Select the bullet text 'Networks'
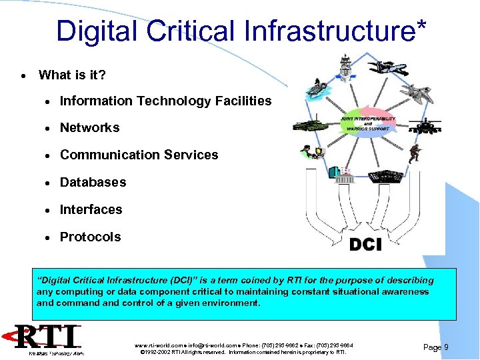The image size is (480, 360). pos(89,127)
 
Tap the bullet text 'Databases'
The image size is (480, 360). pos(93,182)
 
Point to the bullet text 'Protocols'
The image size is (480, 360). pos(90,237)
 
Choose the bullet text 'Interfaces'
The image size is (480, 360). pos(91,209)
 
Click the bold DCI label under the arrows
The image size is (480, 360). pos(365,245)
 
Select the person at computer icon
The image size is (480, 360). pos(311,152)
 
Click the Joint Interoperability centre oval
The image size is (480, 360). pos(368,123)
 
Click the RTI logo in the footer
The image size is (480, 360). pos(47,339)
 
